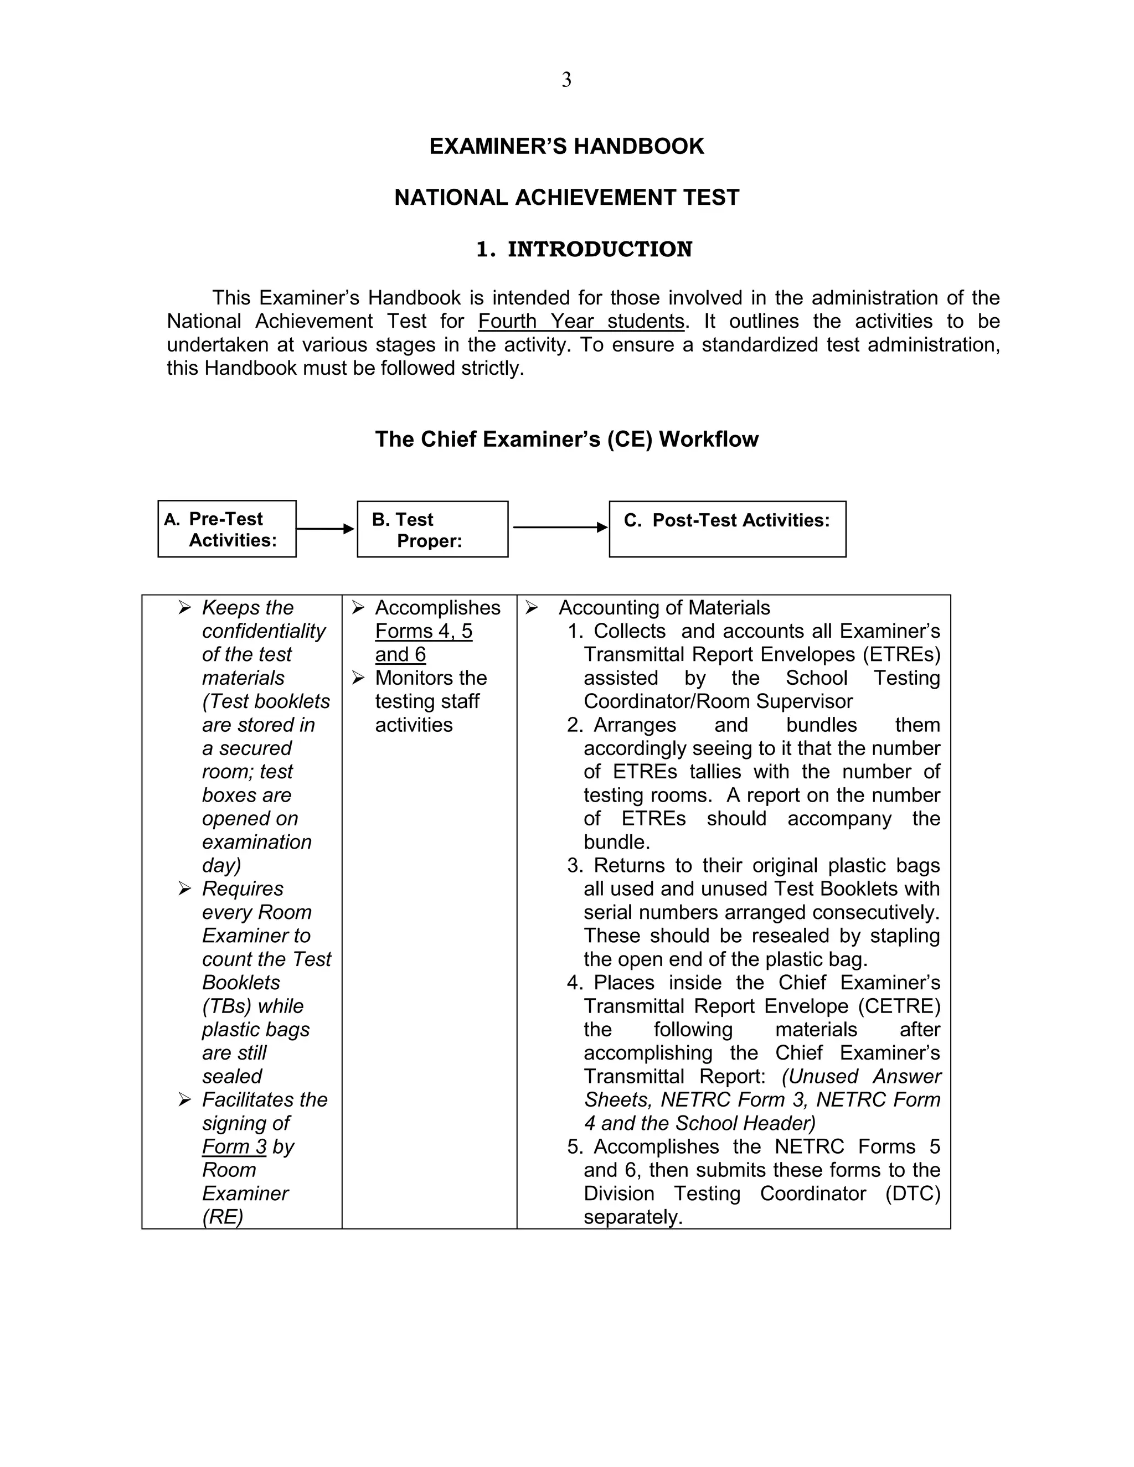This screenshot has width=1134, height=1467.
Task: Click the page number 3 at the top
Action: point(566,80)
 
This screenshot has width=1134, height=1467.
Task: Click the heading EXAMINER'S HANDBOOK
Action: point(566,147)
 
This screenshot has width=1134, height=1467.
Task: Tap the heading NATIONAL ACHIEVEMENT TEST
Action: point(566,198)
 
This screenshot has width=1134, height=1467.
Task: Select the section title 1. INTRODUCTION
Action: point(584,249)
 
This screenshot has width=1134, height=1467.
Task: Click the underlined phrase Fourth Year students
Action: point(581,321)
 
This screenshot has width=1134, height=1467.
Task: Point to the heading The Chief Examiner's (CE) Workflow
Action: point(566,440)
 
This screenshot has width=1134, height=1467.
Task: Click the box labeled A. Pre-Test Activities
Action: point(227,529)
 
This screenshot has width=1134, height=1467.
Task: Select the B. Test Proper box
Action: point(432,529)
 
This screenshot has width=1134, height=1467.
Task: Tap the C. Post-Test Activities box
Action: point(727,529)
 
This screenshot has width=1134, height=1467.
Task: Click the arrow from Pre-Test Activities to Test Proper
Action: point(325,529)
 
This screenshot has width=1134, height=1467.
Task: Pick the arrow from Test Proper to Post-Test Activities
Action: point(559,527)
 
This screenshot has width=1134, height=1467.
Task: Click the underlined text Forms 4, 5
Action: point(423,632)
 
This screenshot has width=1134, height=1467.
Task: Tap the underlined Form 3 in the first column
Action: point(234,1146)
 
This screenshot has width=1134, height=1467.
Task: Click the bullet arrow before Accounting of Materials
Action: point(532,608)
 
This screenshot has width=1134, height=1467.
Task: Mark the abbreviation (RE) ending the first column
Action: point(223,1217)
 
